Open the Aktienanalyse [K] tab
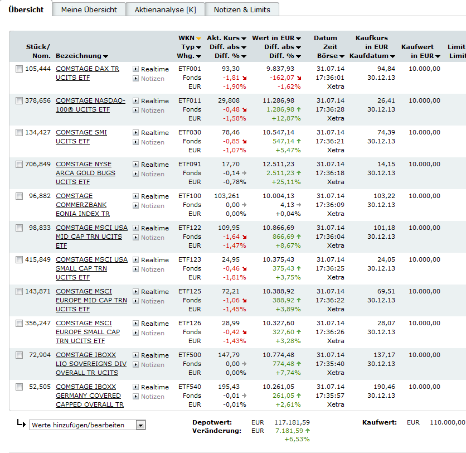click(x=165, y=9)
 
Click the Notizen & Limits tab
click(x=242, y=9)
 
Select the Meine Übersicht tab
click(x=89, y=9)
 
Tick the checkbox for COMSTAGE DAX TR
click(x=20, y=69)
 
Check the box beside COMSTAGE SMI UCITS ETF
click(x=20, y=133)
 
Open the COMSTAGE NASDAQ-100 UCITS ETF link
click(x=90, y=105)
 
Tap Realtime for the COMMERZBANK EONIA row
click(x=154, y=196)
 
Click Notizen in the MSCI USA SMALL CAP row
click(x=152, y=269)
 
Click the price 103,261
click(x=226, y=196)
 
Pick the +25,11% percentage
click(x=286, y=182)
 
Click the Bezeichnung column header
click(x=81, y=56)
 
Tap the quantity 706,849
click(x=38, y=164)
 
